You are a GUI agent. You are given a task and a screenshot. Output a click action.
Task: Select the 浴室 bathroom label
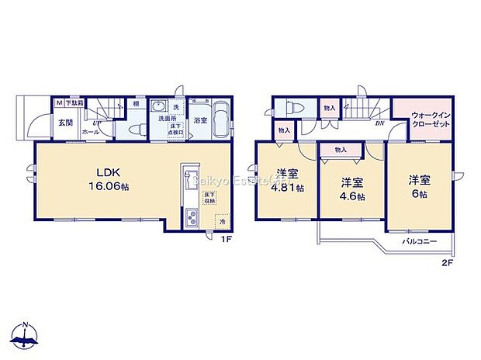pos(200,121)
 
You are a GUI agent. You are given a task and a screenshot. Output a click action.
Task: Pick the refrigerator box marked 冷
pos(221,220)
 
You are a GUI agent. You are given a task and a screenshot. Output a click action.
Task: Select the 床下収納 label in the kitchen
pos(209,199)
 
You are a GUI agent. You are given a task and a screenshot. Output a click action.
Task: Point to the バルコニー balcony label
pos(420,242)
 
